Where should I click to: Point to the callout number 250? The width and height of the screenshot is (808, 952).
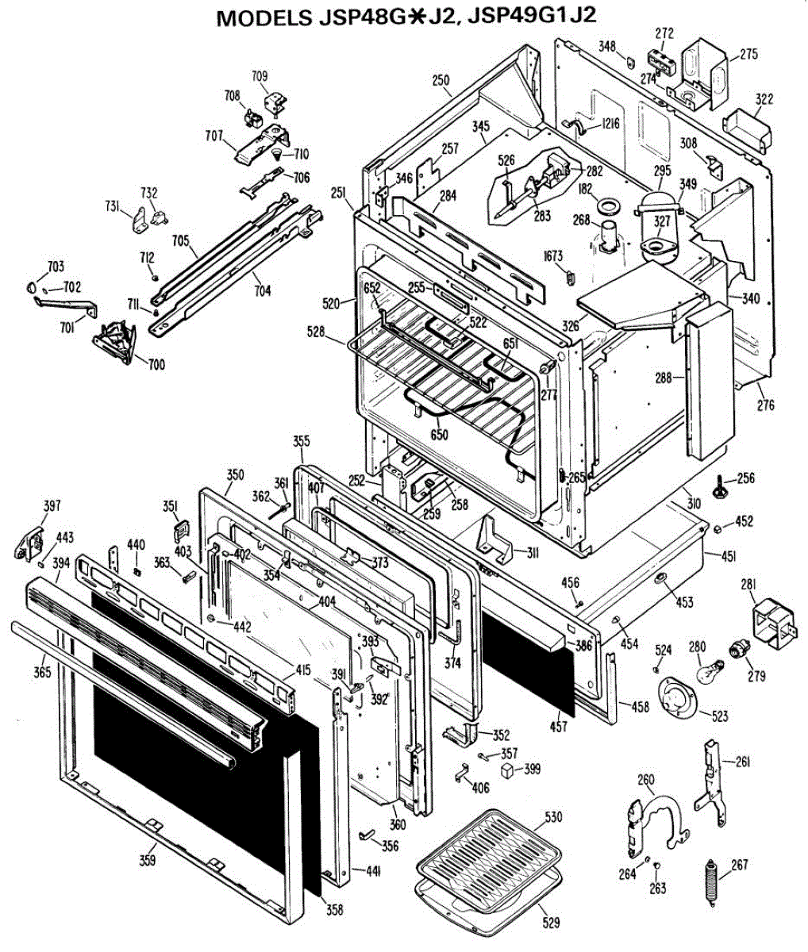(x=441, y=80)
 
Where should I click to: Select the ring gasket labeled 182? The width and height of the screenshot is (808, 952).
(x=609, y=206)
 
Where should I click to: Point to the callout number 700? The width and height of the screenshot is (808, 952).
(x=156, y=365)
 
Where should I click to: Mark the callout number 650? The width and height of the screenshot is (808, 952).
(x=438, y=435)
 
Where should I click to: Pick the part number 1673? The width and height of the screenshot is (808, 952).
(x=552, y=255)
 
